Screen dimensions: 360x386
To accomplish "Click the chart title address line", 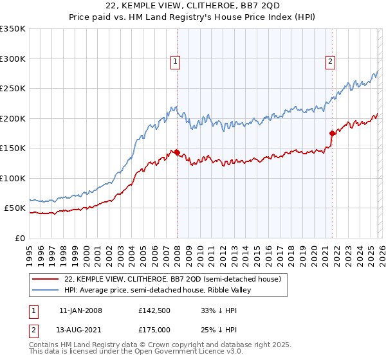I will coord(193,6).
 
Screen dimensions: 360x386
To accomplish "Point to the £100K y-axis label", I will coord(13,179).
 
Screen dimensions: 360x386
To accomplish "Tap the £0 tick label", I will coord(19,239).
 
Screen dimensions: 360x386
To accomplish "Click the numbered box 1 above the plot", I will coord(176,62).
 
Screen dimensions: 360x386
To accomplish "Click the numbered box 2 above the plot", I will coord(330,62).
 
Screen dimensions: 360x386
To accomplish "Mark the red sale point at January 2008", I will coord(177,152).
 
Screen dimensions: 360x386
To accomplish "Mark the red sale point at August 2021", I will coord(332,133).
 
